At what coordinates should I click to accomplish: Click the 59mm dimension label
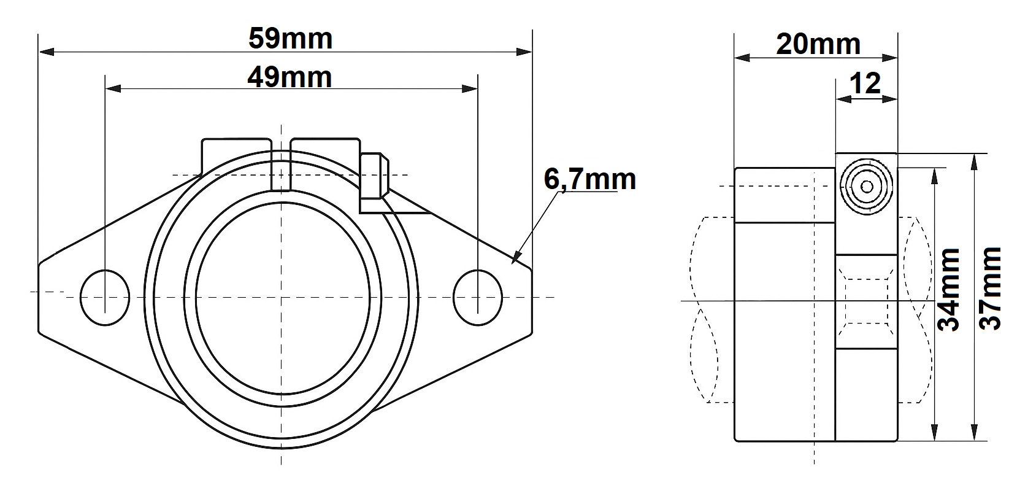[291, 39]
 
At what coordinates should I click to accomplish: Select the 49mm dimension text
[290, 77]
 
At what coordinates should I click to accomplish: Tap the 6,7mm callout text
[589, 179]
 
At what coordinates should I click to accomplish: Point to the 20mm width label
[818, 45]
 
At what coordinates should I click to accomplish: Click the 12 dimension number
[865, 83]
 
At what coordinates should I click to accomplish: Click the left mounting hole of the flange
[105, 298]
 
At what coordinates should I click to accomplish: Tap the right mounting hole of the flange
[478, 298]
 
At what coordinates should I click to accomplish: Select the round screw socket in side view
[867, 187]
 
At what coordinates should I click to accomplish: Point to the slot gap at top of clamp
[281, 165]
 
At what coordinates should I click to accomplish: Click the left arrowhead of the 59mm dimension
[47, 52]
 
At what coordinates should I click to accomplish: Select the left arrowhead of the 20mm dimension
[742, 58]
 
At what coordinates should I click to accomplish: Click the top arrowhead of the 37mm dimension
[973, 161]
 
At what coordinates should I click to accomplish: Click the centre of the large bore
[282, 298]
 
